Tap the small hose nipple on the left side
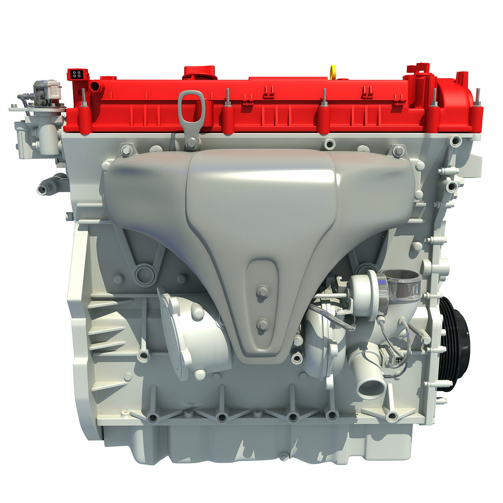click(x=42, y=189)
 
